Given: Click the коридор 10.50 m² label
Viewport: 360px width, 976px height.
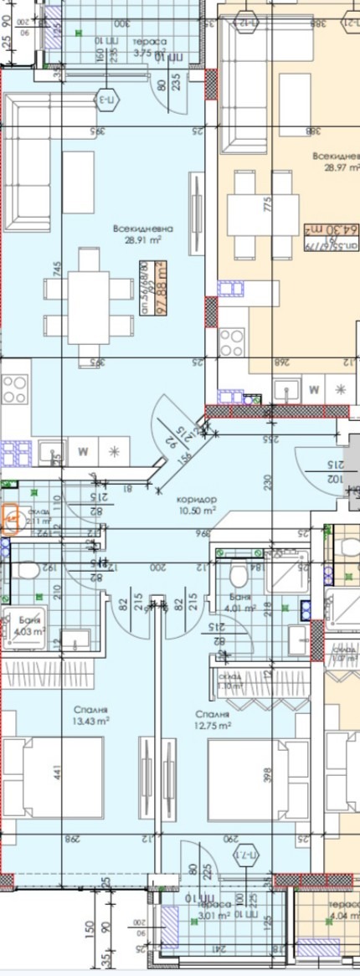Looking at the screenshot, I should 197,503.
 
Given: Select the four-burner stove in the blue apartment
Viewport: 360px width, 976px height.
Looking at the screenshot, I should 14,389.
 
